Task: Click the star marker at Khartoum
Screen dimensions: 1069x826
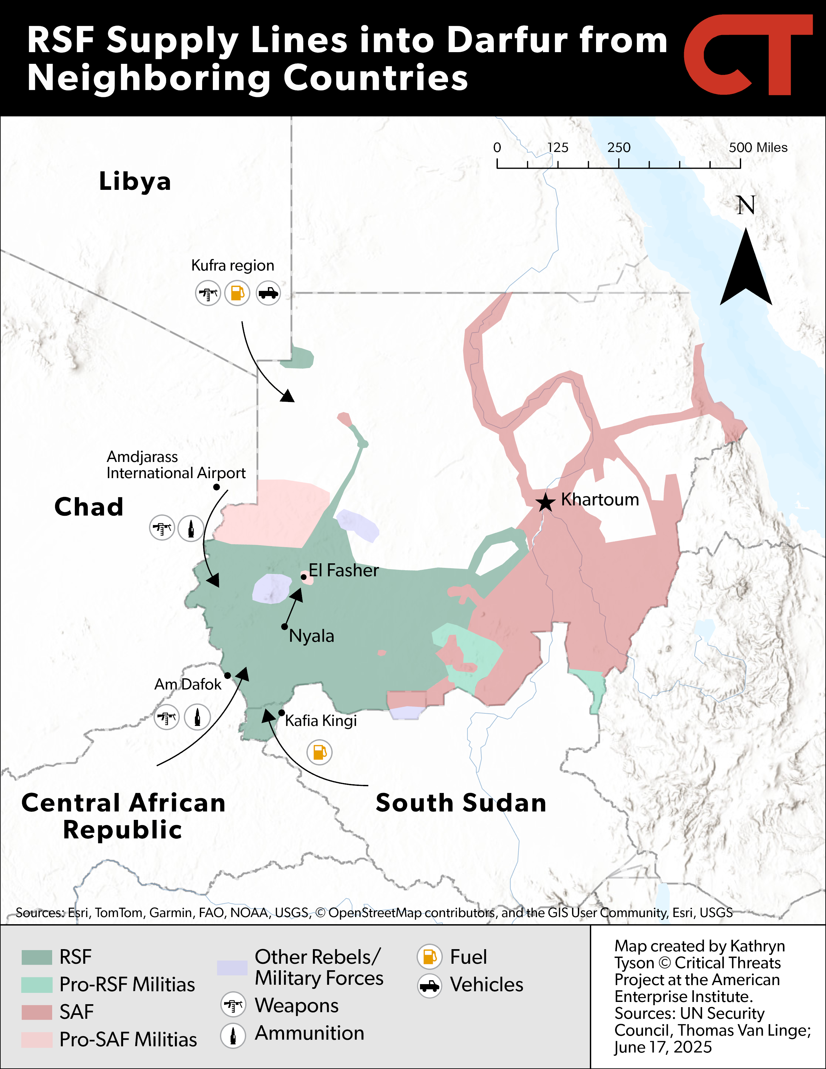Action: point(545,502)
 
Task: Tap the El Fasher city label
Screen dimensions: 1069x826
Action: point(343,570)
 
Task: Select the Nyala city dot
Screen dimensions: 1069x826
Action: point(284,626)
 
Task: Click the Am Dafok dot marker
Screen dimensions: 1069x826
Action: point(227,675)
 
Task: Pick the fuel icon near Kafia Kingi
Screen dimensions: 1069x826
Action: point(319,752)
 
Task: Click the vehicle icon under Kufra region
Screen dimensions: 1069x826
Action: point(268,293)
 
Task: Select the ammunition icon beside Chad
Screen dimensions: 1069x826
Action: point(191,528)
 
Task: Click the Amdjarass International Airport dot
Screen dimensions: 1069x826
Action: point(216,487)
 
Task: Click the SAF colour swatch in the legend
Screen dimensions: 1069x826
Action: point(37,1012)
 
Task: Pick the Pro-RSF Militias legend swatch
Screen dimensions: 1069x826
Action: point(37,984)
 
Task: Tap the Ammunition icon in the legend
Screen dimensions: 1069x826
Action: point(233,1035)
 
